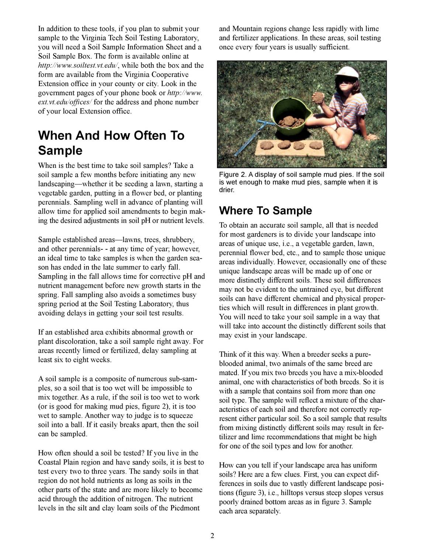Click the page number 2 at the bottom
(x=212, y=536)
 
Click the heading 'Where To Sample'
(x=265, y=211)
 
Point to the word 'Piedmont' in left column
(x=186, y=508)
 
